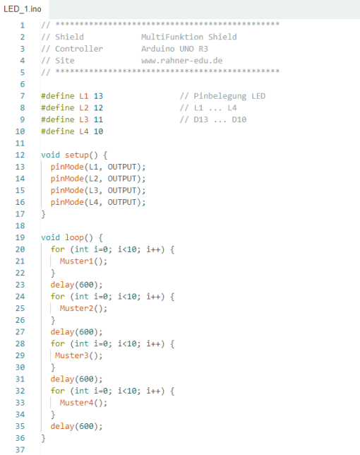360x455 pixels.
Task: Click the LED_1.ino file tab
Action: pos(23,9)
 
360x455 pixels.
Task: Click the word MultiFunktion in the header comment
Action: pos(172,37)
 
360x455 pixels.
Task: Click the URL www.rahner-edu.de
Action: pos(181,61)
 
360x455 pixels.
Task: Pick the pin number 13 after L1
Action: pos(98,96)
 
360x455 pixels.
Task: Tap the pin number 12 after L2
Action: pos(98,108)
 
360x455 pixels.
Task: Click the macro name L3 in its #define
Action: pos(84,119)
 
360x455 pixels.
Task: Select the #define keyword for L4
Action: pos(58,131)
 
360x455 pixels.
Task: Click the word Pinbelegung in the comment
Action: pos(220,96)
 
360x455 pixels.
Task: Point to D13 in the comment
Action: pos(201,119)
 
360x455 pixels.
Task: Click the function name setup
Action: pos(77,155)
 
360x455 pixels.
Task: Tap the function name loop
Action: pos(75,237)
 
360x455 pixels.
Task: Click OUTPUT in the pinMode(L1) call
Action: pos(122,167)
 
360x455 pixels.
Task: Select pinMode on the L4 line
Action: pos(67,202)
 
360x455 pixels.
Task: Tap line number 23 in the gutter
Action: pos(20,285)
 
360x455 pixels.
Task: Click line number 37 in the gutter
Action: pos(20,450)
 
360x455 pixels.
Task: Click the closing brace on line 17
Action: pos(44,214)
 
